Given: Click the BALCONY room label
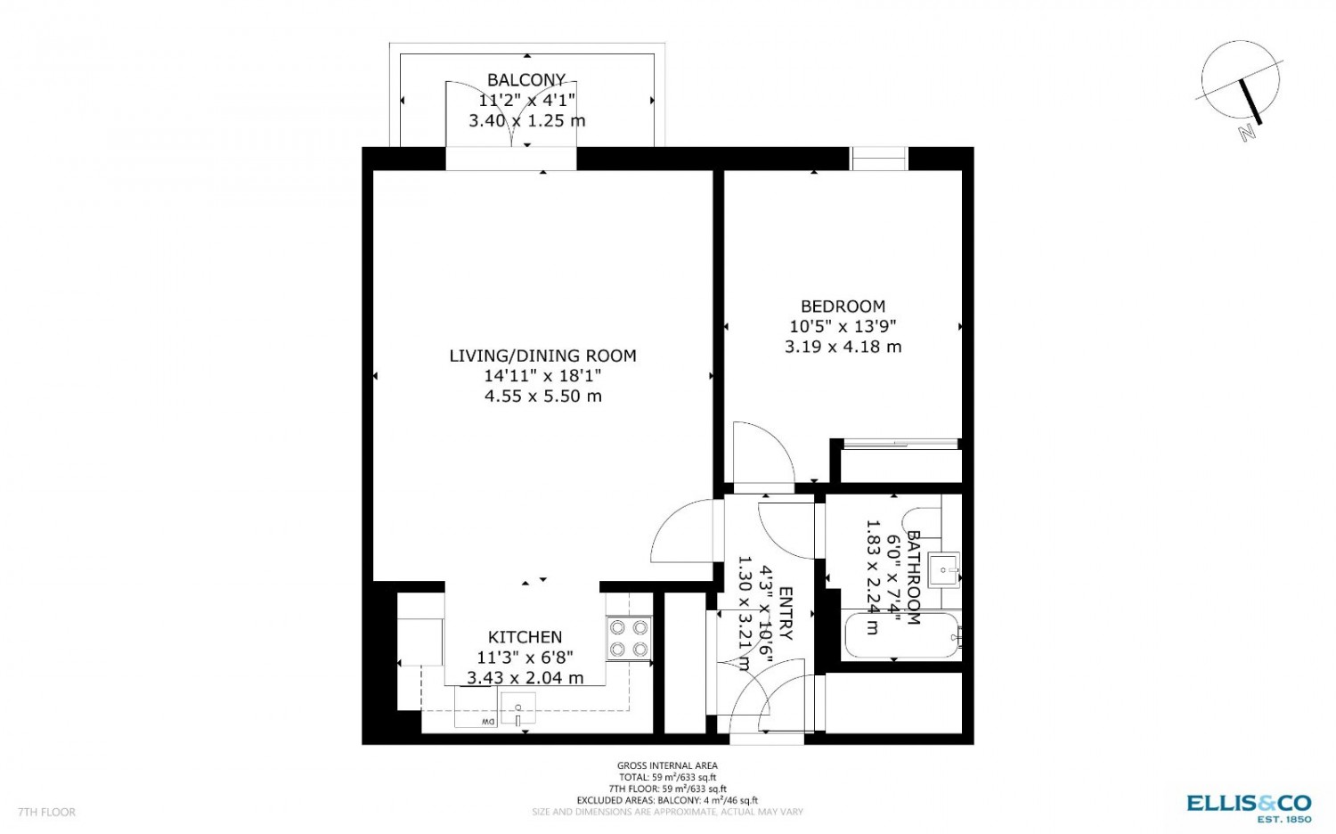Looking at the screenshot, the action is (x=526, y=80).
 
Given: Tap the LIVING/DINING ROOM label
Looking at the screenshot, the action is (x=542, y=356).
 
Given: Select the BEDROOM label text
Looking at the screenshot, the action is (x=843, y=307).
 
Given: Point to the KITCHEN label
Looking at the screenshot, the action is (x=525, y=637).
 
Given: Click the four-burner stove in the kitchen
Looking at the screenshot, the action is (x=629, y=638).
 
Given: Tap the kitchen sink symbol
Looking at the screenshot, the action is (x=517, y=708).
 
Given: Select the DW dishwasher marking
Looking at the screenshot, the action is (x=488, y=722).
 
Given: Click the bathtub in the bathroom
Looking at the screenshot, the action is (x=901, y=634).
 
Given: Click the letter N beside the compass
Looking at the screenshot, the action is (x=1246, y=133).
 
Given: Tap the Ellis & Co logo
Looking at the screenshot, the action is (x=1249, y=808).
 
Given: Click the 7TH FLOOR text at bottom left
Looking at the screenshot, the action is (x=46, y=812).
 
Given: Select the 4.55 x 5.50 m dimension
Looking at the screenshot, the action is (x=542, y=397).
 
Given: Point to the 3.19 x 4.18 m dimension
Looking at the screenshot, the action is (x=843, y=347).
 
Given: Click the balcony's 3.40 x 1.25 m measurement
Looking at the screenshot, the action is (x=526, y=121).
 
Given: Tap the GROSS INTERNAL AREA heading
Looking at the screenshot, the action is (x=667, y=765).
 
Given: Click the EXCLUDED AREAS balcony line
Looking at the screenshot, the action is (x=667, y=800).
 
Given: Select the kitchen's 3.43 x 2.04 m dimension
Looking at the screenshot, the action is (x=525, y=678).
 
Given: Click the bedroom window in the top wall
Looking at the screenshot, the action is (x=878, y=159).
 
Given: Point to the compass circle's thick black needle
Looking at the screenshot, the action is (x=1249, y=102).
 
